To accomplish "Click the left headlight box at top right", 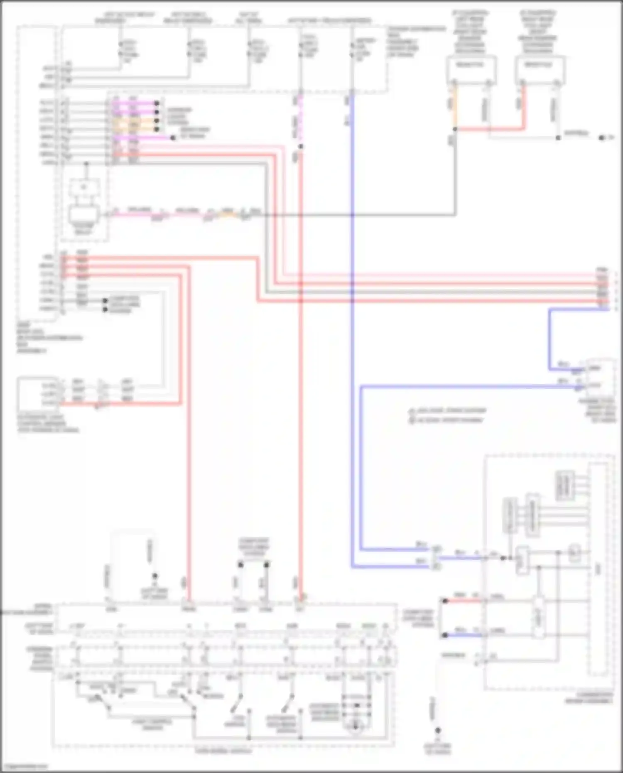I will tap(470, 68).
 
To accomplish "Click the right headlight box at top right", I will tap(539, 68).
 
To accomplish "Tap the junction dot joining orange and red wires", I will tap(455, 129).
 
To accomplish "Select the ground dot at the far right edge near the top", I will tap(601, 138).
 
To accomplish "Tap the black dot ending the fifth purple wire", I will tap(173, 137).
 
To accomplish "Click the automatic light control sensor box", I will tap(38, 393).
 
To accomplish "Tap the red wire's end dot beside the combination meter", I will tap(445, 601).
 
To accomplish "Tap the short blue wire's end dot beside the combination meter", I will tap(445, 635).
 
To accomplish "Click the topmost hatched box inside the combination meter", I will tap(565, 485).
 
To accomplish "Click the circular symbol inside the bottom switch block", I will tap(355, 726).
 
